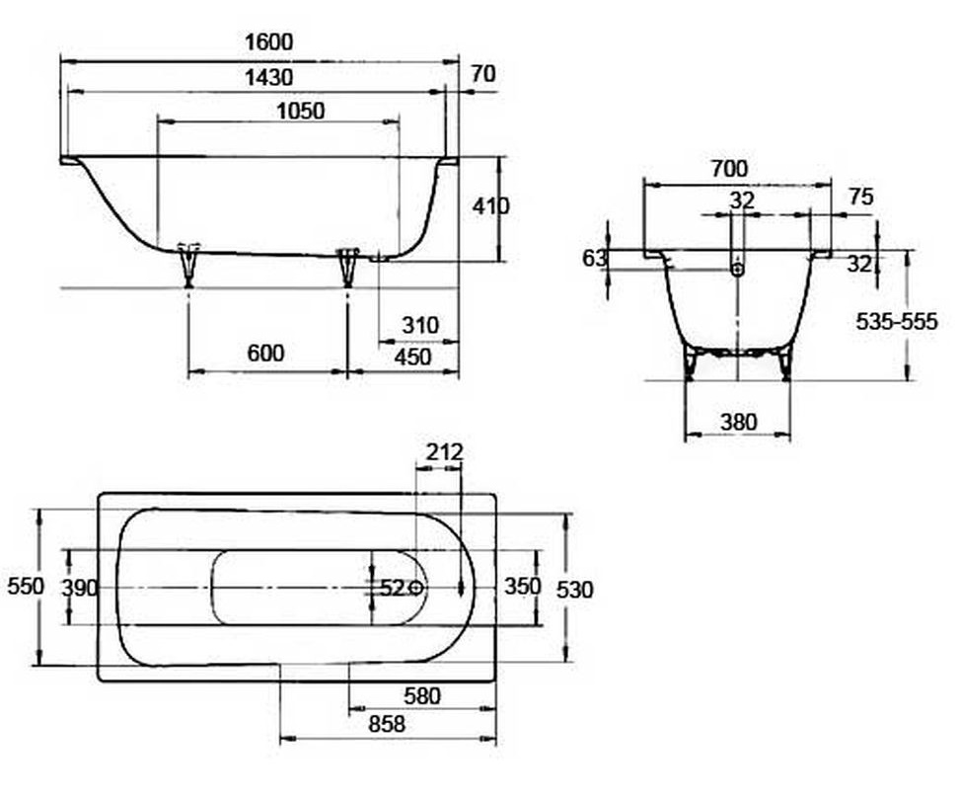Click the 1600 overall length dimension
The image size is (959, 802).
click(268, 41)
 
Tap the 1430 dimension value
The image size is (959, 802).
click(268, 78)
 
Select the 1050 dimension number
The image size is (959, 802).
click(300, 112)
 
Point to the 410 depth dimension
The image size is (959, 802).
click(490, 206)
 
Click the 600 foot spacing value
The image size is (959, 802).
click(265, 354)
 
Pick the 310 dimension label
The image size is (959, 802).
click(420, 325)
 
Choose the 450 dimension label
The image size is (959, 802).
click(412, 357)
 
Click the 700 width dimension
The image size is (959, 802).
click(729, 168)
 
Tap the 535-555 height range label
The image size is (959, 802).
click(896, 321)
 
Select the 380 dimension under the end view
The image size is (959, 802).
click(738, 423)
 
